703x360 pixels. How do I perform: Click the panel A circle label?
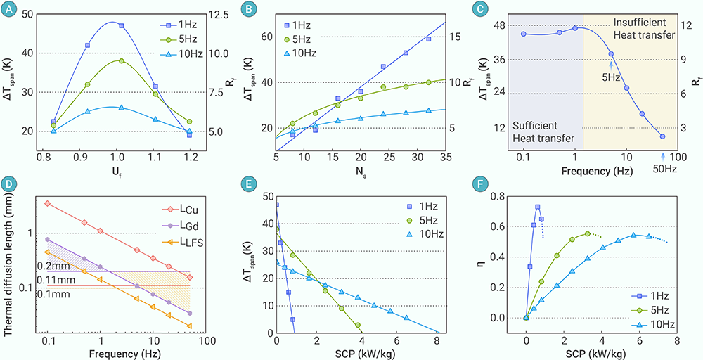9,10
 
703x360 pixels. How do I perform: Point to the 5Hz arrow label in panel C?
610,77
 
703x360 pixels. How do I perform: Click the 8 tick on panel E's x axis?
437,342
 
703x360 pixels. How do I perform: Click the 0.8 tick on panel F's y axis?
505,196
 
